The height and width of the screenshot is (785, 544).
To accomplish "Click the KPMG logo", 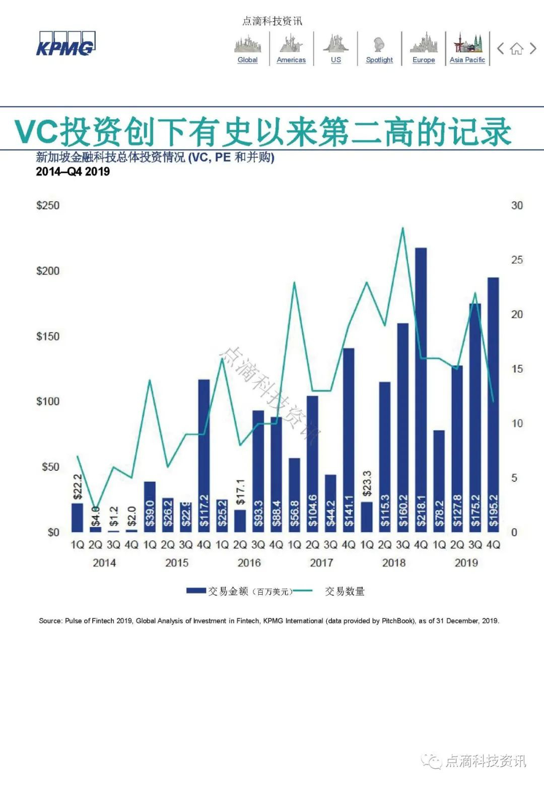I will [x=65, y=44].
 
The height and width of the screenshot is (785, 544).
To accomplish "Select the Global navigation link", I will [x=247, y=59].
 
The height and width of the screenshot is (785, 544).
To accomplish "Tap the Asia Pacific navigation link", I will [x=467, y=59].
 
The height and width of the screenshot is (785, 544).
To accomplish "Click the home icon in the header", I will [x=516, y=49].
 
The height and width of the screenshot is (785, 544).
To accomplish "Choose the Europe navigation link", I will [x=423, y=59].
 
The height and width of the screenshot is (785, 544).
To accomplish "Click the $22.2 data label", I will [x=78, y=486].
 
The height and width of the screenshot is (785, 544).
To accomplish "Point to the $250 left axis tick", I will [x=47, y=205].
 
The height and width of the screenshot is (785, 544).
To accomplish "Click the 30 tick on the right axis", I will [x=517, y=205].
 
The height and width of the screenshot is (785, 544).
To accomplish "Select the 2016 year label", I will [x=249, y=562].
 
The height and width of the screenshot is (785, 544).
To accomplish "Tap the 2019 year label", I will [x=466, y=562].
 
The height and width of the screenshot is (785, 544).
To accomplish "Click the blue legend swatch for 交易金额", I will [x=196, y=591].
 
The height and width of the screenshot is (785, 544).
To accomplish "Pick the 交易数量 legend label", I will [x=345, y=591].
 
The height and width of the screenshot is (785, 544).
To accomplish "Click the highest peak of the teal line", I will [x=402, y=228].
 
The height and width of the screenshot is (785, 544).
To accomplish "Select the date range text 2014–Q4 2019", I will [x=73, y=172].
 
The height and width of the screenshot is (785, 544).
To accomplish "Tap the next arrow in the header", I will [x=533, y=49].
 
